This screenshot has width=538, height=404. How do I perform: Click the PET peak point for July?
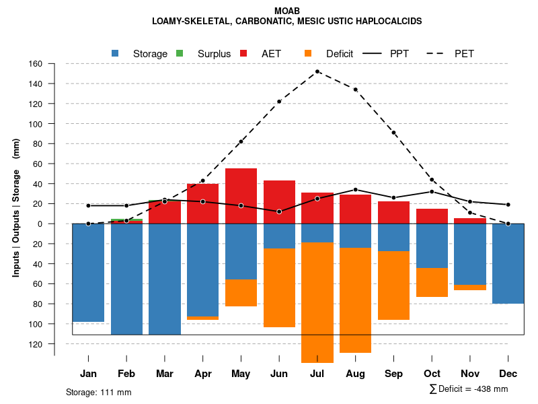click(x=317, y=71)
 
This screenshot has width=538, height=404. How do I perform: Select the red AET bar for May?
click(x=241, y=195)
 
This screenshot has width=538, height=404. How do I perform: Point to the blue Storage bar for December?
click(x=508, y=263)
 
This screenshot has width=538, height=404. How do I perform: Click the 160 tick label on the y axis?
click(x=36, y=64)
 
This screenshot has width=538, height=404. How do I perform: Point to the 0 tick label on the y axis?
click(x=40, y=224)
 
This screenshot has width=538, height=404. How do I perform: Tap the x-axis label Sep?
click(x=393, y=374)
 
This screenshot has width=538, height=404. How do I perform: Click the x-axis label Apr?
click(x=202, y=374)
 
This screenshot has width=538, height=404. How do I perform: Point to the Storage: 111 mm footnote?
click(x=99, y=392)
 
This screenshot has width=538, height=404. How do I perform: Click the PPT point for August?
click(x=356, y=189)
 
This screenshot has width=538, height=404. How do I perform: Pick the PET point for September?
click(x=393, y=133)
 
